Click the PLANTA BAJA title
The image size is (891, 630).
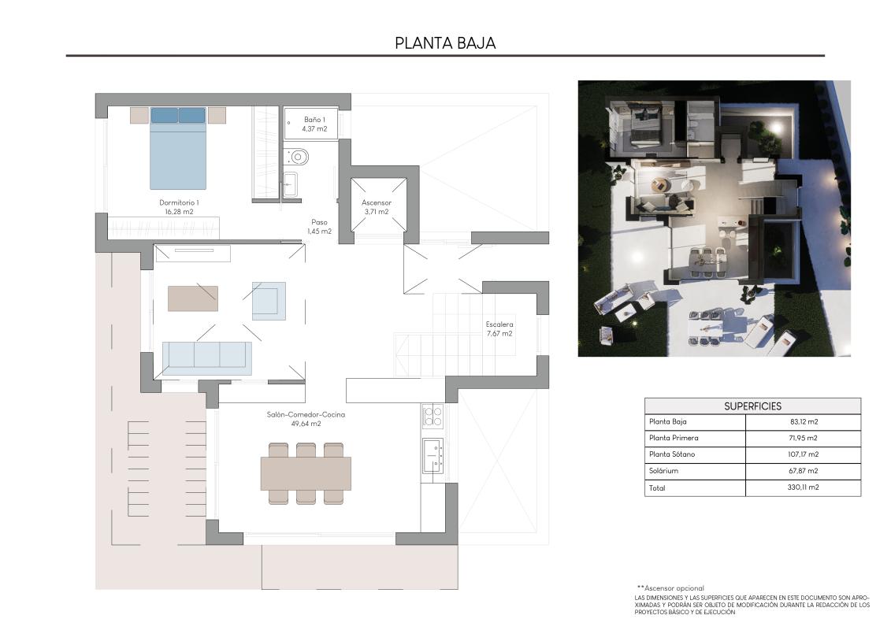[x=445, y=43]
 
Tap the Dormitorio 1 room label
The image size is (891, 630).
[x=179, y=207]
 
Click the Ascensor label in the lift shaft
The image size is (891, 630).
[x=377, y=207]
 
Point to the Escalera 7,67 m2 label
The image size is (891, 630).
[x=499, y=328]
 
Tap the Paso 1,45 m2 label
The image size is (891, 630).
[x=319, y=227]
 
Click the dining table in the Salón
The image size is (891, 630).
[x=306, y=473]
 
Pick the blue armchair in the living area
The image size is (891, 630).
[x=269, y=301]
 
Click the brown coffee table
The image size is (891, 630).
[x=193, y=298]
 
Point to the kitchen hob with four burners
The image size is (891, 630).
[x=433, y=415]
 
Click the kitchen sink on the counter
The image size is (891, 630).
[x=433, y=455]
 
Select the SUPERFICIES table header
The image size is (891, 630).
[x=752, y=406]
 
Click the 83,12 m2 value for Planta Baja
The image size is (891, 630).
[x=803, y=422]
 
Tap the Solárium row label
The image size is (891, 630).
[x=663, y=471]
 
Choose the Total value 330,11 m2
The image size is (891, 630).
[x=803, y=488]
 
